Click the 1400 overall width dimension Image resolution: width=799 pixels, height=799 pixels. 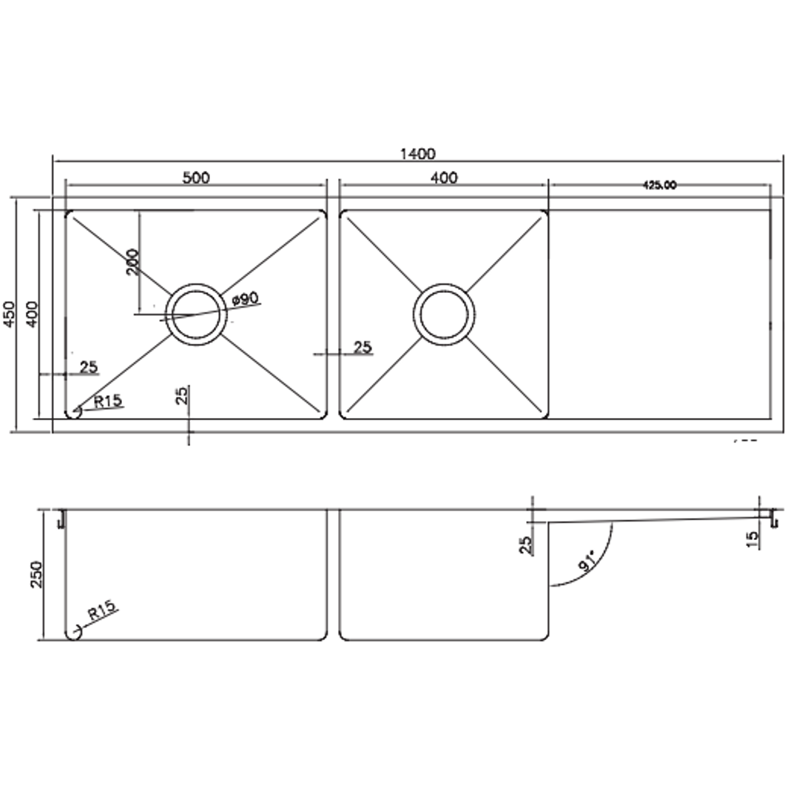[x=417, y=154]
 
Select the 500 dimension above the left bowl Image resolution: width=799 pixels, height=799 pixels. [x=196, y=178]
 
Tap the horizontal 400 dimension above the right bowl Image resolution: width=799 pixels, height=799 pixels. [x=444, y=178]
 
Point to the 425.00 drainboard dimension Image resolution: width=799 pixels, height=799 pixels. [x=659, y=186]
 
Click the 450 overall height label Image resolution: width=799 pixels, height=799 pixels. [x=10, y=315]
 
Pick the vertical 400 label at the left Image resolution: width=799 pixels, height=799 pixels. [x=32, y=315]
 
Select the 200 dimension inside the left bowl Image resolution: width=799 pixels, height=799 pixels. [x=132, y=262]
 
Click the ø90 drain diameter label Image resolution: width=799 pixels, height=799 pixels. [x=244, y=299]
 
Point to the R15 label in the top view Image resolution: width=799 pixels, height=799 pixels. [x=107, y=401]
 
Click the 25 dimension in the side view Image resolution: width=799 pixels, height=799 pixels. [x=527, y=545]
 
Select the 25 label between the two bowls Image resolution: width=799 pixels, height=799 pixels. [x=363, y=347]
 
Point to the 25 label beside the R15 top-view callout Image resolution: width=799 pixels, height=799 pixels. [x=88, y=367]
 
